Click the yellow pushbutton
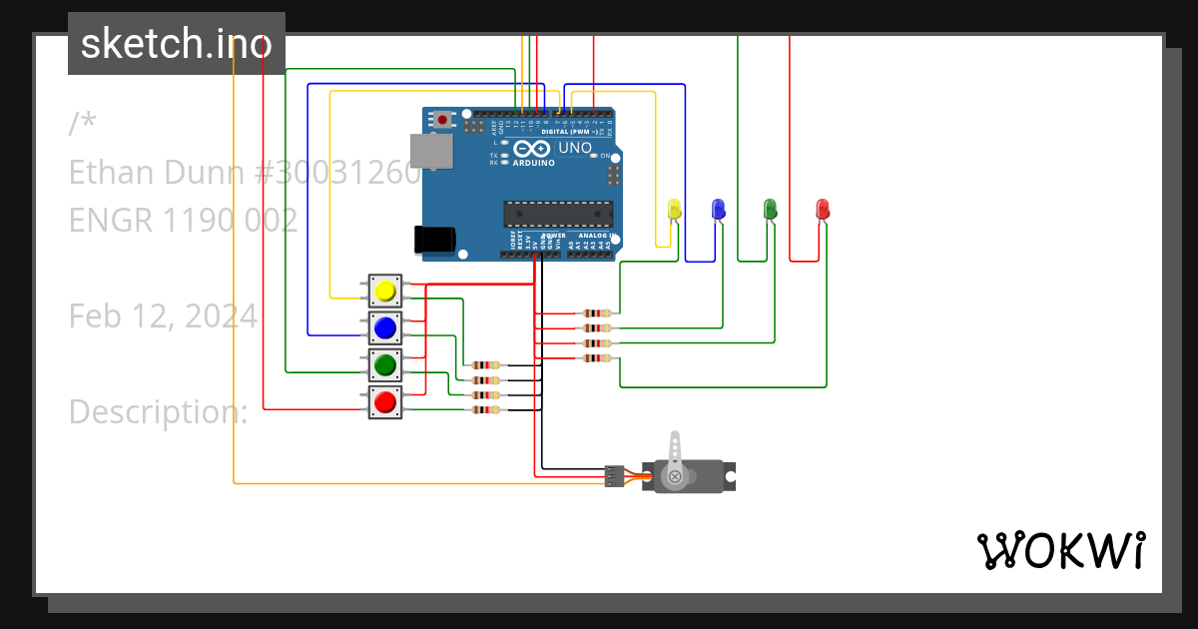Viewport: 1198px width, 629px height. click(385, 292)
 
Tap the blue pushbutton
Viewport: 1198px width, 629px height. click(385, 327)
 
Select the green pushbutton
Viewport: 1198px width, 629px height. click(385, 365)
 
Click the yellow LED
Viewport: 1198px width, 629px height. click(674, 209)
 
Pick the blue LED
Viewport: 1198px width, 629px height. click(718, 209)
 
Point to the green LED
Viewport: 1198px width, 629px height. click(770, 209)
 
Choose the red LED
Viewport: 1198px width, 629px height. click(823, 209)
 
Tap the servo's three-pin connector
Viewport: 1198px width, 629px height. click(614, 476)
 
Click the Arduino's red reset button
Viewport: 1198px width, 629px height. click(442, 120)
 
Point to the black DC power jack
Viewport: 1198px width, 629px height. click(435, 240)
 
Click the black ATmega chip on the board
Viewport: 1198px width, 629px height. click(557, 214)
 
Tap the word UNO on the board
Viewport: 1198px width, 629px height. click(574, 149)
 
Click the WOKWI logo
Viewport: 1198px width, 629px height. click(1060, 550)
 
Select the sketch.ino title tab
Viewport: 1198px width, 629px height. click(177, 44)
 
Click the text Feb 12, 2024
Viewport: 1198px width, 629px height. click(163, 316)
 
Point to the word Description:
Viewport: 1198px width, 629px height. click(158, 411)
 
